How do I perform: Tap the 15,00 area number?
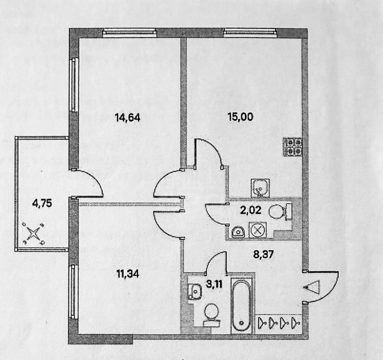click(x=240, y=117)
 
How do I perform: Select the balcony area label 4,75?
click(x=42, y=203)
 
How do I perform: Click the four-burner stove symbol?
click(x=293, y=147)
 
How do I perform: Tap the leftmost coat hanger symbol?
click(x=264, y=322)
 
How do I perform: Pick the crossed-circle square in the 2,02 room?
click(x=258, y=230)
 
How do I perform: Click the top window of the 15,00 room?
click(x=250, y=32)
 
